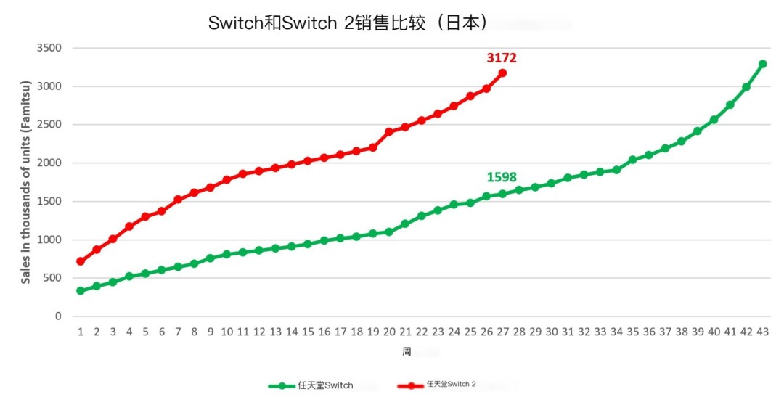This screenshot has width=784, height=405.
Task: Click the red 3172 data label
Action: click(502, 58)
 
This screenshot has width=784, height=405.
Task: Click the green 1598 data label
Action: click(502, 177)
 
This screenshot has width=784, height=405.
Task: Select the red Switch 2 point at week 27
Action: click(502, 73)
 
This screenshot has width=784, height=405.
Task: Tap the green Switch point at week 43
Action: click(762, 64)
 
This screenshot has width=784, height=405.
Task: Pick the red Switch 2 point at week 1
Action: click(80, 261)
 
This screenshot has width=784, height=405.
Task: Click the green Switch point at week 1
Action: click(80, 291)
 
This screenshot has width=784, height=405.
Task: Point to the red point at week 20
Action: click(389, 132)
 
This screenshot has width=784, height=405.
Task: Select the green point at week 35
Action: click(632, 160)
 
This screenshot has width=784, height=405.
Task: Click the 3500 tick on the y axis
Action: click(49, 48)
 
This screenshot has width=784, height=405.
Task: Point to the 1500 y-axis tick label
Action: click(49, 201)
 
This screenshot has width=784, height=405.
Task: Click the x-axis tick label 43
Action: click(762, 332)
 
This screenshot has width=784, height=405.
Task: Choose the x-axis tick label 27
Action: click(502, 332)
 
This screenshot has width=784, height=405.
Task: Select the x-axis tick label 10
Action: click(226, 332)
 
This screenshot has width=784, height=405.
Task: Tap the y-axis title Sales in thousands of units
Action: click(26, 182)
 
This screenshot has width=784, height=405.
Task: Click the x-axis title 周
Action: click(407, 351)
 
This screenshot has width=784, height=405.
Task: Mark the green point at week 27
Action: click(502, 194)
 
